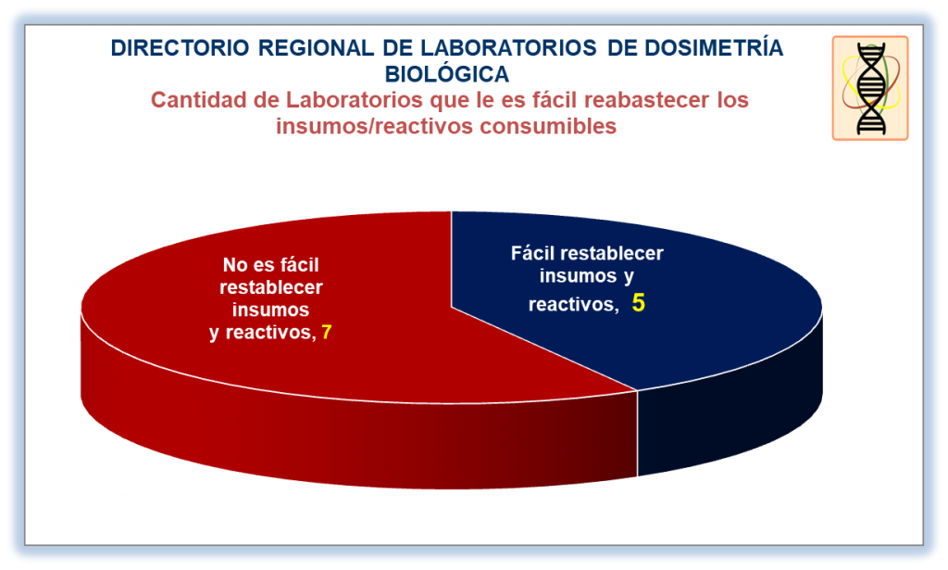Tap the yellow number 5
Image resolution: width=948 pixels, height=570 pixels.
(639, 302)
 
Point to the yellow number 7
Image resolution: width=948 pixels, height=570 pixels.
(327, 332)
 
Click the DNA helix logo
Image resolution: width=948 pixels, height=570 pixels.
(870, 88)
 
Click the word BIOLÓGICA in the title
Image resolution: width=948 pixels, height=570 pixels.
(447, 74)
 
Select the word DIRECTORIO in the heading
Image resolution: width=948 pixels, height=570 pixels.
(180, 48)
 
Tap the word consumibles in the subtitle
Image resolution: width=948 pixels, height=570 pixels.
(548, 126)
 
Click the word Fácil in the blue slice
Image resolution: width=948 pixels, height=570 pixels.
(532, 253)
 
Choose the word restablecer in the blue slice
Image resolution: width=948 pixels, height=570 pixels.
(611, 253)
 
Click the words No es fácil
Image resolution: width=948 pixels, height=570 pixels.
(271, 265)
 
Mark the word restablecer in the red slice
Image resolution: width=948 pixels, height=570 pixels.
(271, 286)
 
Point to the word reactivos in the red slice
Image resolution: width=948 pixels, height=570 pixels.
(271, 332)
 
